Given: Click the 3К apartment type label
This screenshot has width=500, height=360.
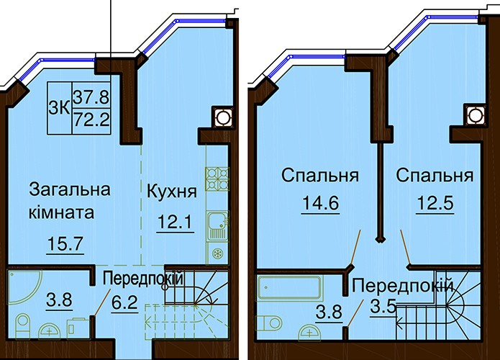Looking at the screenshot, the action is [x=59, y=109].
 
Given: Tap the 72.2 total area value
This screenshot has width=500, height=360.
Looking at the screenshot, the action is [x=91, y=120].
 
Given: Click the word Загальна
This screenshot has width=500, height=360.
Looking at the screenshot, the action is [x=70, y=189].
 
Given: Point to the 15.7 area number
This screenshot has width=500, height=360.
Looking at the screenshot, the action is [x=65, y=244].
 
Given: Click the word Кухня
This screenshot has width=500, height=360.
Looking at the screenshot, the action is [x=171, y=192].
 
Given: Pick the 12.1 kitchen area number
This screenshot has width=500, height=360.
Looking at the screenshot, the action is [x=175, y=222].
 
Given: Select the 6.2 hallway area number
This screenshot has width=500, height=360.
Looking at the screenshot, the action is [x=124, y=302].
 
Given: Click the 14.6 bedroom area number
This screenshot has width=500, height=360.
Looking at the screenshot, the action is [x=320, y=203].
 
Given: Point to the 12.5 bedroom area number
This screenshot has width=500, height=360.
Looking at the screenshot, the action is [x=435, y=203].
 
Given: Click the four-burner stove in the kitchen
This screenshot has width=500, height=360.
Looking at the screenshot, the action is [x=217, y=179].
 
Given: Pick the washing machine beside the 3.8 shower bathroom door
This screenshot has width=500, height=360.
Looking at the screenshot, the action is [x=76, y=329].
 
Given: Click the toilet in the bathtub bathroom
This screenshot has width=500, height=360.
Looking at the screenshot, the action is [x=270, y=323].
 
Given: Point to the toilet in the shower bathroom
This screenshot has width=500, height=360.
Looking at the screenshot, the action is [x=22, y=326].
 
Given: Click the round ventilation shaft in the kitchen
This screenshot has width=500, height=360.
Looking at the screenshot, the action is [x=223, y=116].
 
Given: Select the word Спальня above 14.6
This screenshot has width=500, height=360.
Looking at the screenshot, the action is [x=320, y=176].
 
